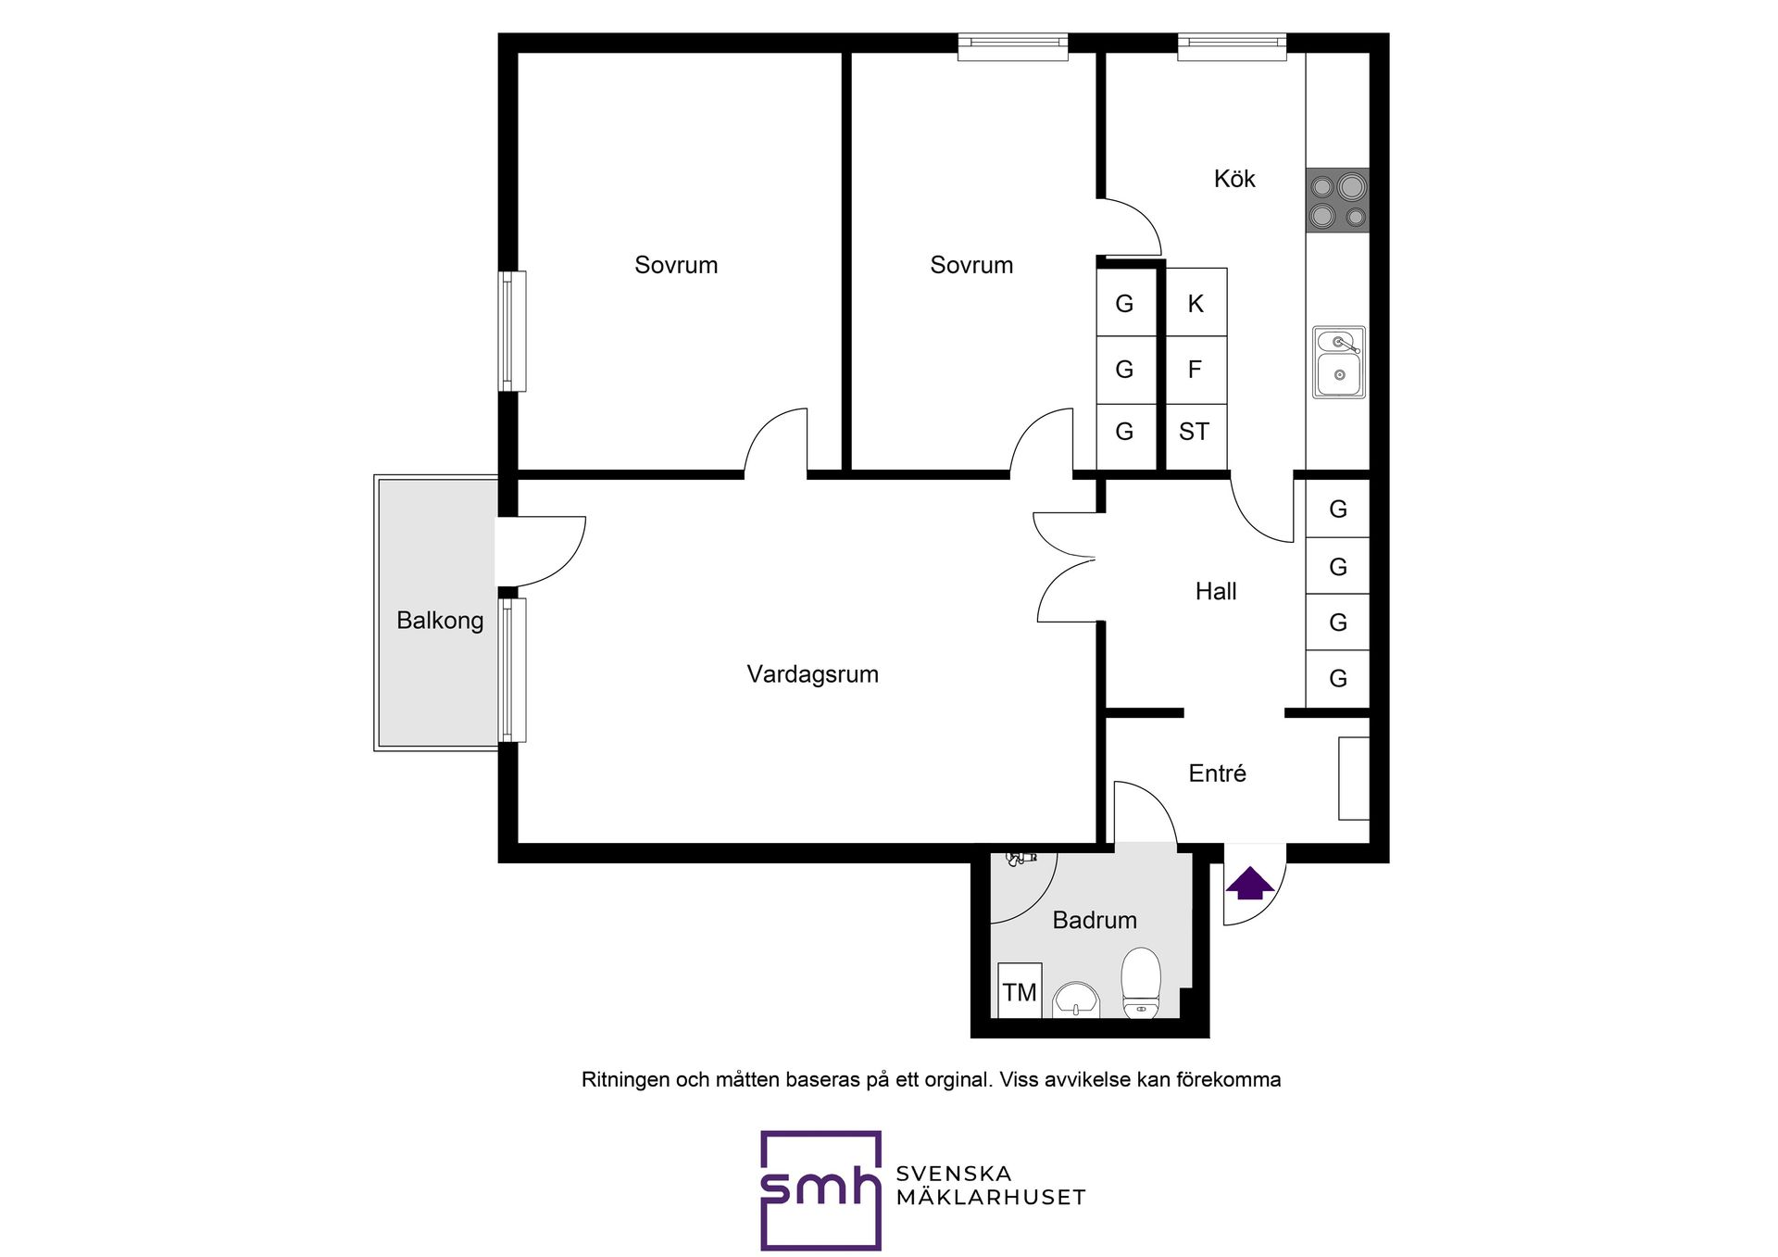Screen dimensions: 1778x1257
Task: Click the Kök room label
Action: click(x=1234, y=179)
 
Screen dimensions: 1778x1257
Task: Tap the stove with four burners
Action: click(x=1337, y=200)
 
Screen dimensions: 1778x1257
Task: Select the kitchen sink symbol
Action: click(x=1338, y=362)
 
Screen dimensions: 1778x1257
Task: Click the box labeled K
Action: click(x=1196, y=302)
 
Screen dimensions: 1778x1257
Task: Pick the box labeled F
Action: click(x=1196, y=370)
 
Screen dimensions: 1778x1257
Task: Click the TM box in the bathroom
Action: click(x=1020, y=991)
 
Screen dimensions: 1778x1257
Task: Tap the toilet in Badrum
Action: click(x=1141, y=982)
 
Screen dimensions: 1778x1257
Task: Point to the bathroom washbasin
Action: click(x=1076, y=999)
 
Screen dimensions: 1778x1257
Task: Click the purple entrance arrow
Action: click(x=1250, y=883)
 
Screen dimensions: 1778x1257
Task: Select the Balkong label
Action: click(x=440, y=621)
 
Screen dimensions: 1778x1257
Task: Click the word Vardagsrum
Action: click(x=813, y=674)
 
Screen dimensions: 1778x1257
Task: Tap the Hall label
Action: click(x=1216, y=591)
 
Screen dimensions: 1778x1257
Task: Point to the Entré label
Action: click(x=1217, y=773)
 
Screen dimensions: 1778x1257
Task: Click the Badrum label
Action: click(x=1095, y=920)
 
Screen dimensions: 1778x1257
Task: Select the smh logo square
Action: click(x=820, y=1190)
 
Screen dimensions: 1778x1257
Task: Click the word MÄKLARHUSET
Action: click(x=991, y=1197)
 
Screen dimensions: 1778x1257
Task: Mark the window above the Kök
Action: click(x=1232, y=47)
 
